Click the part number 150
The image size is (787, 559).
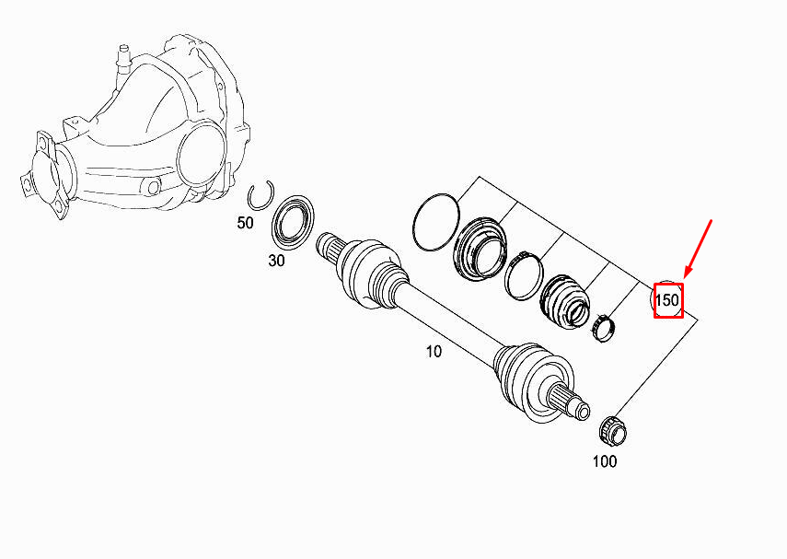[667, 299]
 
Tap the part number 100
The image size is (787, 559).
[604, 461]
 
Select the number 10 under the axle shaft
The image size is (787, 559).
[433, 351]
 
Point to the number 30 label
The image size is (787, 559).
[276, 261]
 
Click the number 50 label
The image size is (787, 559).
[245, 224]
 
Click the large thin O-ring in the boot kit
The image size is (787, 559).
[436, 221]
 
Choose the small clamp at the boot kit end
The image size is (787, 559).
[604, 326]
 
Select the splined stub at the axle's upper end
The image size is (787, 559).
[330, 248]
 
